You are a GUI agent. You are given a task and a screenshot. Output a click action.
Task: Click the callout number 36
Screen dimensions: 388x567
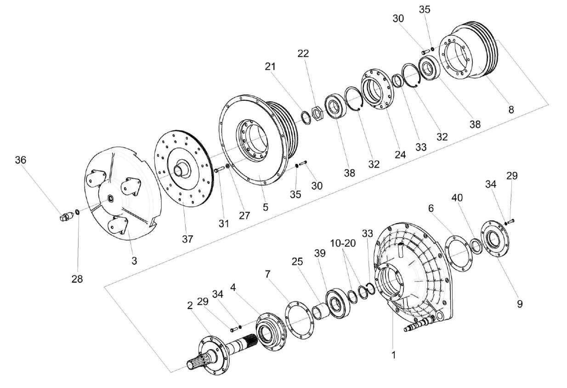[21, 160]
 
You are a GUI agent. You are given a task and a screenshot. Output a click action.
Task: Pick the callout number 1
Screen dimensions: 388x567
[393, 355]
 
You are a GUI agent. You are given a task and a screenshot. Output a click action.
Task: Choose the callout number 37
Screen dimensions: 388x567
[187, 239]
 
